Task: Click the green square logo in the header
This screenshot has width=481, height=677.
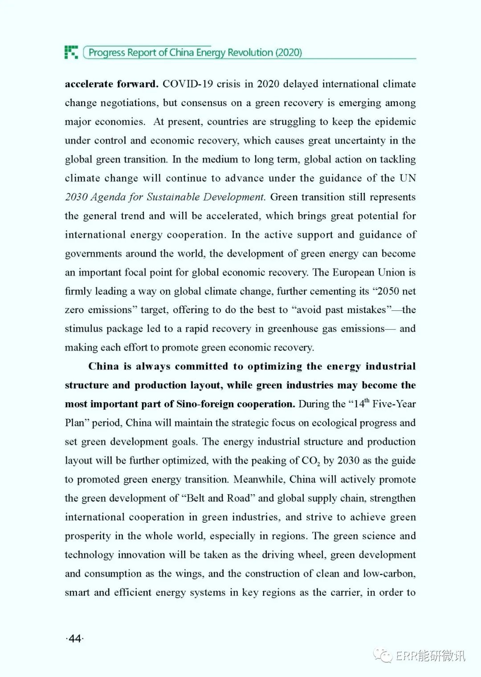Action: [x=71, y=52]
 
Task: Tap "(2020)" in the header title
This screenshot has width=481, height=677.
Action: [x=288, y=53]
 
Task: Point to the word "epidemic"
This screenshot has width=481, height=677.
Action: [x=395, y=122]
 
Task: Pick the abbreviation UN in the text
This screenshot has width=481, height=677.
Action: [x=408, y=178]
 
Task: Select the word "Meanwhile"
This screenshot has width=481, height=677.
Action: [x=259, y=479]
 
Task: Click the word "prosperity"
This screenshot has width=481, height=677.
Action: [x=87, y=536]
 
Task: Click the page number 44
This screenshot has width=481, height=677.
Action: [x=75, y=639]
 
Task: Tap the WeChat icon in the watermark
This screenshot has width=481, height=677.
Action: [x=383, y=655]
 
